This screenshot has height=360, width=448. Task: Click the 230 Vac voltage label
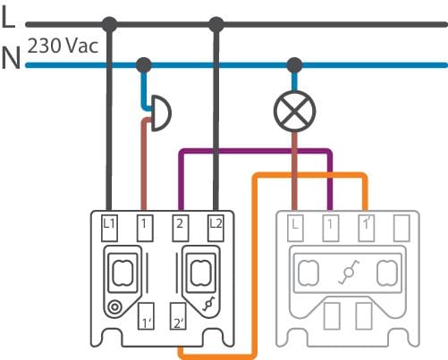[x=63, y=46]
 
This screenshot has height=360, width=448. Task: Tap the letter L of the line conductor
[x=9, y=17]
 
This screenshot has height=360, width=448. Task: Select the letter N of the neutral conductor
[x=11, y=58]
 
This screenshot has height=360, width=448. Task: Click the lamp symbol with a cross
[x=294, y=111]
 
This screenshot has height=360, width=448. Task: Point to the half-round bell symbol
[x=162, y=113]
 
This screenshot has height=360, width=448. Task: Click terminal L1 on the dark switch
[x=109, y=228]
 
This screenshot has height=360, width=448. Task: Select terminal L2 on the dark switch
[x=216, y=228]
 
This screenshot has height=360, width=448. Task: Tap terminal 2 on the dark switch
[x=181, y=228]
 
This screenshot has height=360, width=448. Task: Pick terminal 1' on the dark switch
[x=146, y=316]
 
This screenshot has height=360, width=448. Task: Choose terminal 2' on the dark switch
[x=178, y=316]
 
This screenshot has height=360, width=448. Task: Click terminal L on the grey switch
[x=295, y=228]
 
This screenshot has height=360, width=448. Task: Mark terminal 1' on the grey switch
[x=367, y=228]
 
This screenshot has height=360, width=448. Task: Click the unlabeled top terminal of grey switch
[x=402, y=228]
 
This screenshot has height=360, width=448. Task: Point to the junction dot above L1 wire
[x=109, y=24]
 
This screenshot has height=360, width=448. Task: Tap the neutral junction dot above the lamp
[x=294, y=65]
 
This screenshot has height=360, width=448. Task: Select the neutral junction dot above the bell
[x=144, y=65]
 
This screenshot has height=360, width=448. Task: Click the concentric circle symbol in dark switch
[x=114, y=307]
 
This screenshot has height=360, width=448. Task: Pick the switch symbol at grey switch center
[x=348, y=272]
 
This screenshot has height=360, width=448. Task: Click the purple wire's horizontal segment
[x=256, y=151]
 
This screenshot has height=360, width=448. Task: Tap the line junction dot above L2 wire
[x=216, y=24]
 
